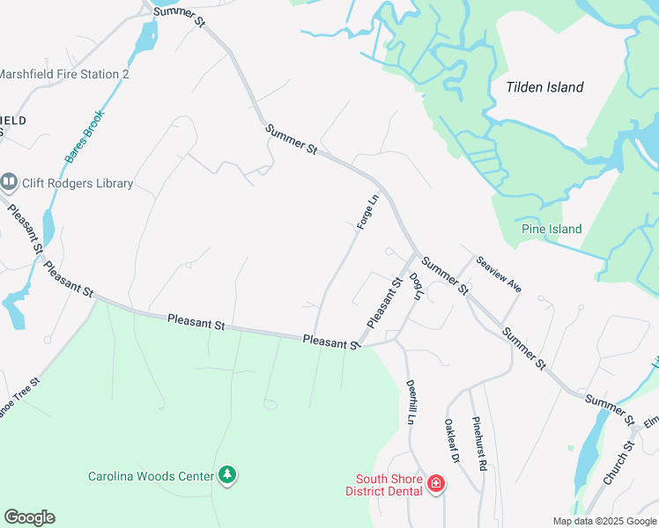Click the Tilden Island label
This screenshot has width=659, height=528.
[544, 87]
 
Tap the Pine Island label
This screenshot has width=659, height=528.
[552, 229]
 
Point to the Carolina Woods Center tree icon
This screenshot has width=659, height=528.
[228, 475]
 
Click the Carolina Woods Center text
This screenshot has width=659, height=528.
[151, 476]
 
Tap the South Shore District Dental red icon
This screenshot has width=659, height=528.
[435, 483]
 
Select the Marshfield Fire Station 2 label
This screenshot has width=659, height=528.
[64, 74]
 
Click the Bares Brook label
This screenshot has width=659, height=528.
[85, 136]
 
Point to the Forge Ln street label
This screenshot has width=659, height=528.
[367, 212]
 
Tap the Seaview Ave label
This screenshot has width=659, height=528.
[500, 274]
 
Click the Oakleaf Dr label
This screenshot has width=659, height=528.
[452, 440]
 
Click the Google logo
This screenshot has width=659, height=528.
[29, 517]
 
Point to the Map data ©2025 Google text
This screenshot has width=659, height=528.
[603, 521]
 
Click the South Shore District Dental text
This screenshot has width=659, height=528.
[389, 486]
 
